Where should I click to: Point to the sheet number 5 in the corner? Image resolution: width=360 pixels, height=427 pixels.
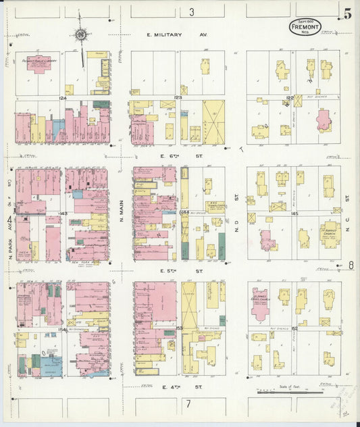tap(346, 14)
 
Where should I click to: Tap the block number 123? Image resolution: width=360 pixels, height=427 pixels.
tap(179, 98)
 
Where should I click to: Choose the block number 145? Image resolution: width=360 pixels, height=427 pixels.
tap(294, 214)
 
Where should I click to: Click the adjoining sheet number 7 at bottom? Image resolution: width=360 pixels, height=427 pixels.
tap(188, 404)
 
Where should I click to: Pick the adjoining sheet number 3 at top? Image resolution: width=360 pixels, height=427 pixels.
tap(192, 11)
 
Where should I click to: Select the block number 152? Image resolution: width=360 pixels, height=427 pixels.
tap(294, 327)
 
